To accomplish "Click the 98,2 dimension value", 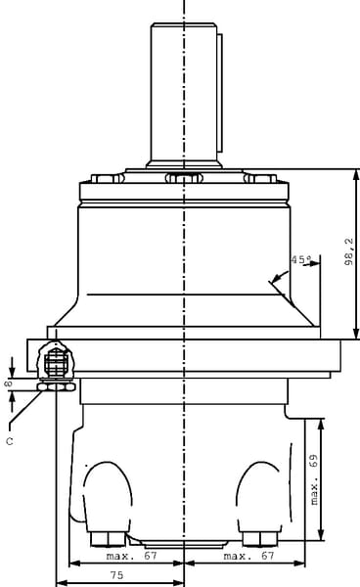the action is tap(349, 251).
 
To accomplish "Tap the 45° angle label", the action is tap(301, 259).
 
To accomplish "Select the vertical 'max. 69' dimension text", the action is tap(314, 479).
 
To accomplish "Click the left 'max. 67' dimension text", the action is tap(132, 556).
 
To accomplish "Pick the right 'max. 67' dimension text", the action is tap(248, 556).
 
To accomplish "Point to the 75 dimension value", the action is tap(116, 575).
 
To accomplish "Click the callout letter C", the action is tap(10, 441).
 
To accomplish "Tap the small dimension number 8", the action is tap(8, 384).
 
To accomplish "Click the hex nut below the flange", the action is tap(56, 386).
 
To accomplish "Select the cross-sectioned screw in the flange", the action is tap(56, 361).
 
